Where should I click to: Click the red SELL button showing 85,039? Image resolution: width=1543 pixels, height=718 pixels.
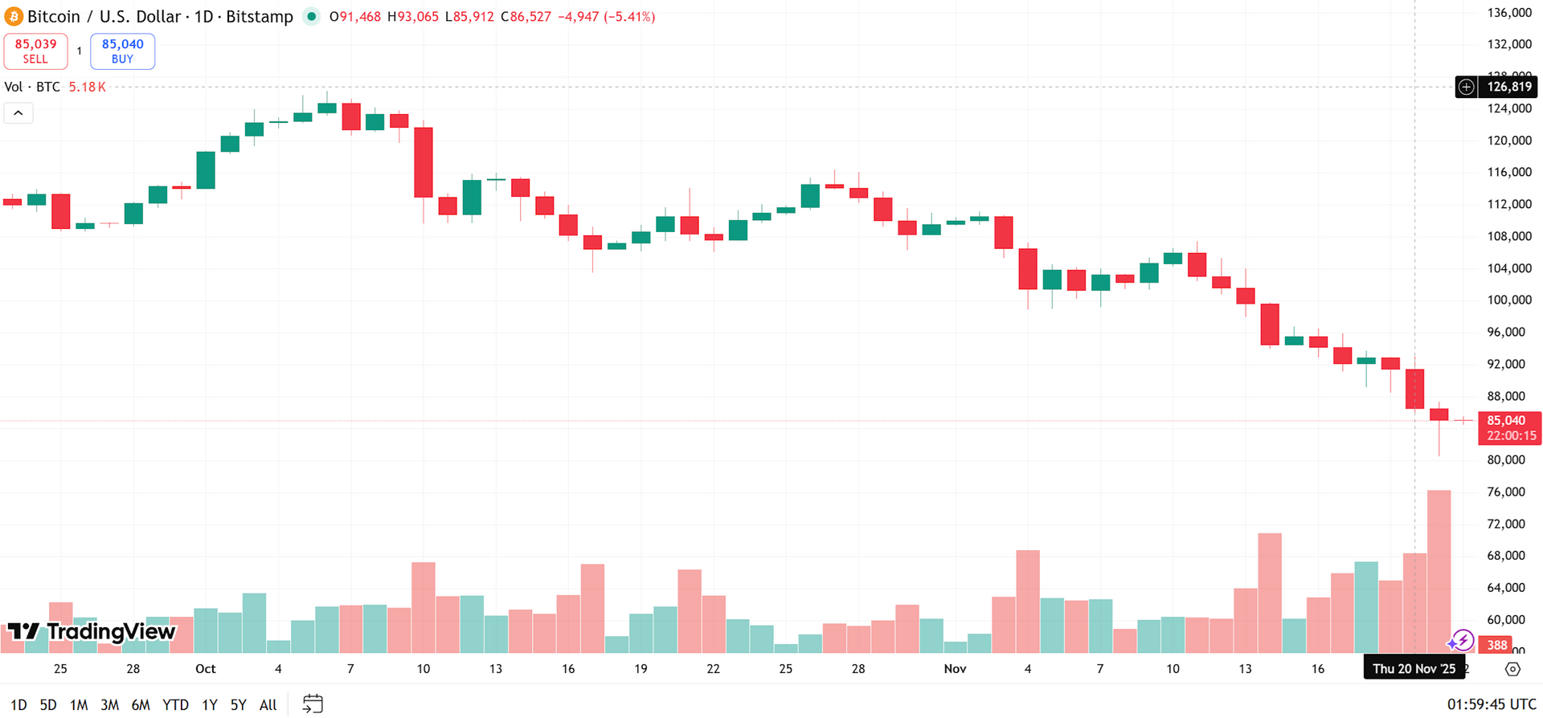35,51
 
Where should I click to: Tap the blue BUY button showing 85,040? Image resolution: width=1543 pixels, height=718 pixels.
122,51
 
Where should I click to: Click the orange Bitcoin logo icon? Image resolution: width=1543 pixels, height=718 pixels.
14,16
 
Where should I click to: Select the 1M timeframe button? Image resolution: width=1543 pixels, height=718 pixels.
79,704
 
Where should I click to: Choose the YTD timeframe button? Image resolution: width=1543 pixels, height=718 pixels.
175,704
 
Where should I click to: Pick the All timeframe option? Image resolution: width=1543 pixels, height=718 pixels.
268,704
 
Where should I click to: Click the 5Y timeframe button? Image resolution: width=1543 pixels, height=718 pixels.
238,704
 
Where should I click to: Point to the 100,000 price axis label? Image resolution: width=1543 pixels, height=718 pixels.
1509,300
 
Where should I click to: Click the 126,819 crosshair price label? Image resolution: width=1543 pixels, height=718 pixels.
1508,87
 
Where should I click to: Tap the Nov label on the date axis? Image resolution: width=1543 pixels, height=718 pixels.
955,668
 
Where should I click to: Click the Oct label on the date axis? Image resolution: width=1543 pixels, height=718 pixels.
205,668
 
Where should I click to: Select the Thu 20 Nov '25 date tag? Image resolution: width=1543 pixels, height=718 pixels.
1414,668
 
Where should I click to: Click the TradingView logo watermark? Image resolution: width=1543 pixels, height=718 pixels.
92,632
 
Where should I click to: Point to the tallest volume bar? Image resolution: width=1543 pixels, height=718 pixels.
1439,570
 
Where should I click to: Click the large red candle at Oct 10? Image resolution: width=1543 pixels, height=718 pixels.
424,162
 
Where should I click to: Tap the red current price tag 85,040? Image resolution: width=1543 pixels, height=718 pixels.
1508,427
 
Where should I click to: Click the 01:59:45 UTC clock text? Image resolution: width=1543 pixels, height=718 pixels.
1491,704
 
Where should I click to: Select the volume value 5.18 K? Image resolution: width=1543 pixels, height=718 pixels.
87,87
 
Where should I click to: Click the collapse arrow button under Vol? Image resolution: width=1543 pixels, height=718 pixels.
18,113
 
